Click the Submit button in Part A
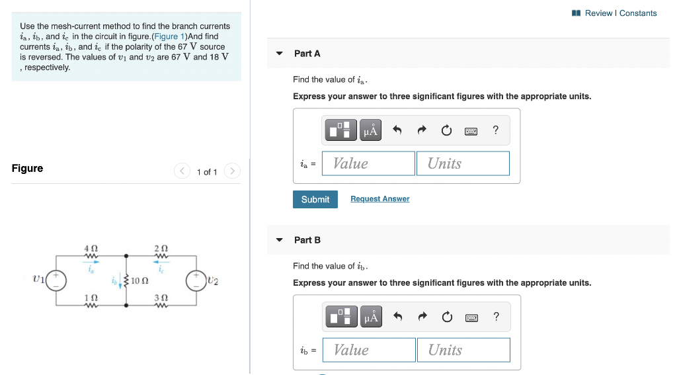point(315,199)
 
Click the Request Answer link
point(379,199)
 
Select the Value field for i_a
point(368,163)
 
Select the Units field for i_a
point(463,163)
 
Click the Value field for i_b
point(369,350)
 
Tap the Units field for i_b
point(463,350)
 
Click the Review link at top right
point(598,13)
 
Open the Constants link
point(638,13)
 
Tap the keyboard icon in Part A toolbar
point(471,131)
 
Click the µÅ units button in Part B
point(370,317)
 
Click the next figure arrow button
point(231,171)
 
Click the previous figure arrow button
point(182,171)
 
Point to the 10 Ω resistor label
point(139,280)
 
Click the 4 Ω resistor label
point(91,248)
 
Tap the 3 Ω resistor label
point(161,298)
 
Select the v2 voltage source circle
point(196,280)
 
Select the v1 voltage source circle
point(56,280)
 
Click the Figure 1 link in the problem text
point(170,36)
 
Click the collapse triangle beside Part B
point(279,240)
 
